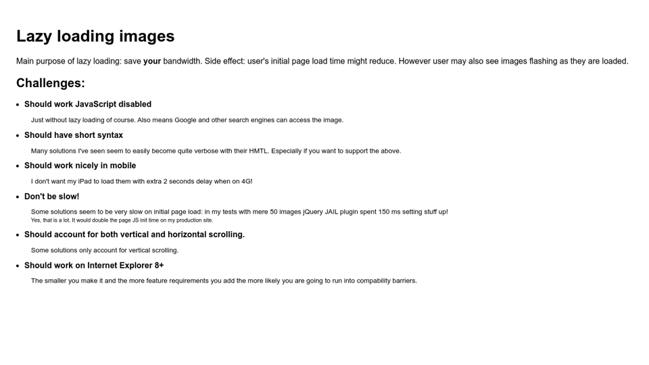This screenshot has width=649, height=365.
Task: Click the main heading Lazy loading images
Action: tap(95, 36)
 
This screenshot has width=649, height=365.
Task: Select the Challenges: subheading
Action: tap(51, 83)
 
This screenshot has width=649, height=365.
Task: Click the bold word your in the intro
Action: tap(152, 62)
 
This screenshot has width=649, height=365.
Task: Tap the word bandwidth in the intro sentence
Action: tap(182, 62)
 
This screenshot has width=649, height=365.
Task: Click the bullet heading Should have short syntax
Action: tap(74, 135)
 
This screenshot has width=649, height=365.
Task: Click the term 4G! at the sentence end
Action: tap(247, 181)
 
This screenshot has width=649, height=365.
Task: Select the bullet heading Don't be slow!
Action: tap(51, 197)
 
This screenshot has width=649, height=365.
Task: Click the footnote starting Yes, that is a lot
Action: tap(122, 220)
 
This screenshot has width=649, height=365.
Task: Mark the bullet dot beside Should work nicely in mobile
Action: tap(18, 166)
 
